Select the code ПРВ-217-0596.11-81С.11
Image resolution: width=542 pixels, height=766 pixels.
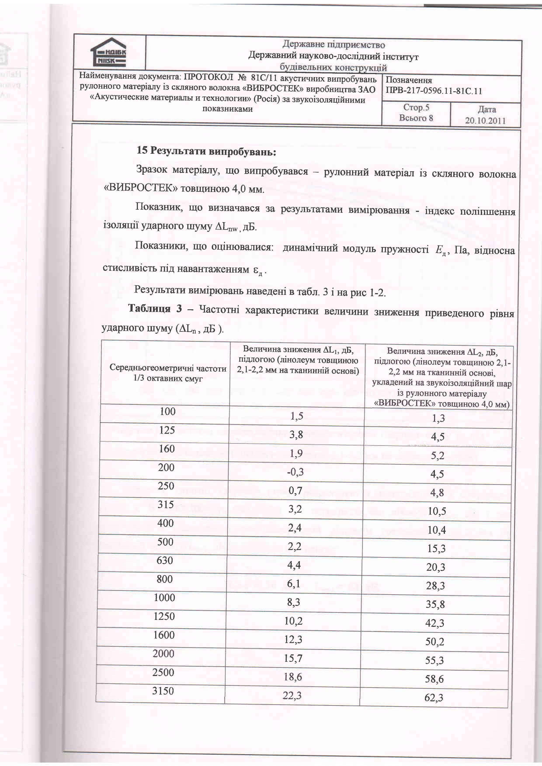(x=434, y=91)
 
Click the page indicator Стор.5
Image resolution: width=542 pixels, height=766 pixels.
(x=416, y=107)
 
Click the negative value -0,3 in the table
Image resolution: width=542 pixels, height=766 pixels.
(x=295, y=472)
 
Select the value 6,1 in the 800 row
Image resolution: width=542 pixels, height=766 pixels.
(x=294, y=583)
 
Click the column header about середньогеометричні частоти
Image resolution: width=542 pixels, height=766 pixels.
(x=168, y=373)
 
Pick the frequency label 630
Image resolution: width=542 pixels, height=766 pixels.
(x=165, y=560)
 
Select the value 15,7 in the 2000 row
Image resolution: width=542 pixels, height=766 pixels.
(x=293, y=658)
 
